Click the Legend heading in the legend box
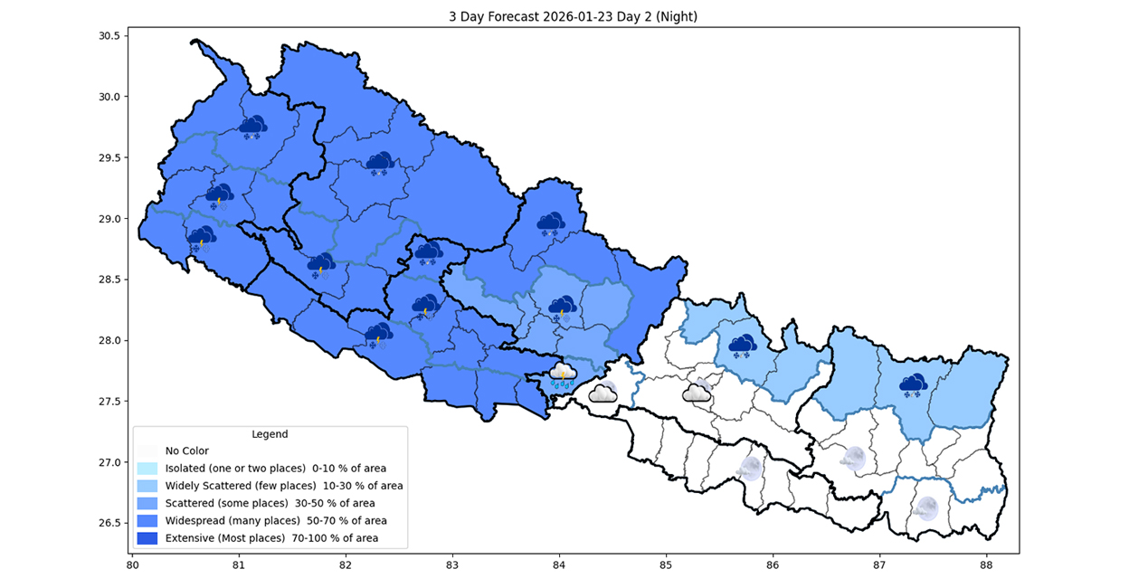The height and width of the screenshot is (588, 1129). (270, 434)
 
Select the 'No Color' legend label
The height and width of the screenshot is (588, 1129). (187, 450)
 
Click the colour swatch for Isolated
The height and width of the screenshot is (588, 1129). (147, 469)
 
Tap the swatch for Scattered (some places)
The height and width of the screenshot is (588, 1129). (147, 503)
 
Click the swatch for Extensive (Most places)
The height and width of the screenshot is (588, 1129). (147, 538)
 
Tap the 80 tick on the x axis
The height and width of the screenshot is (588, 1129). (132, 565)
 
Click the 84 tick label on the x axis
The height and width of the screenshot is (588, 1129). (559, 565)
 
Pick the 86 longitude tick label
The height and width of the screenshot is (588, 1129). (773, 565)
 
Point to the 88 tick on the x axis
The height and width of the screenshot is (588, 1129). (986, 565)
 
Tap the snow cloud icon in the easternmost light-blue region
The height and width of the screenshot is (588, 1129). (913, 385)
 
